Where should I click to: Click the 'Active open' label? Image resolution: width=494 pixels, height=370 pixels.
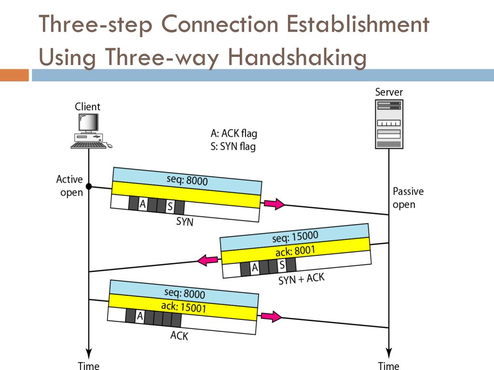point(69,186)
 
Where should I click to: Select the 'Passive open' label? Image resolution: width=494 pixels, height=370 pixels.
point(408,198)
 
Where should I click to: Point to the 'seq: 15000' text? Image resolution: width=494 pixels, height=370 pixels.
point(295,237)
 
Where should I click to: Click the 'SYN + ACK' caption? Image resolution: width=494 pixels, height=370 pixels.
point(302,278)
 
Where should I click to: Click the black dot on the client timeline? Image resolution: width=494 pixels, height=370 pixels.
point(89,186)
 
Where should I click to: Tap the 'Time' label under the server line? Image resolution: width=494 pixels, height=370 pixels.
point(388,366)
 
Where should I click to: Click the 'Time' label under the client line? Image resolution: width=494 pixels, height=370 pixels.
point(89,366)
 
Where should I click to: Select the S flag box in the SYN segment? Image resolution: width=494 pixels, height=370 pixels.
point(170,207)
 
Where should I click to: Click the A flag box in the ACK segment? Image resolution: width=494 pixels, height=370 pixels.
point(140,316)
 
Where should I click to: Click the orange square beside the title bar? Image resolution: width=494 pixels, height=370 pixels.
point(14,75)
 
